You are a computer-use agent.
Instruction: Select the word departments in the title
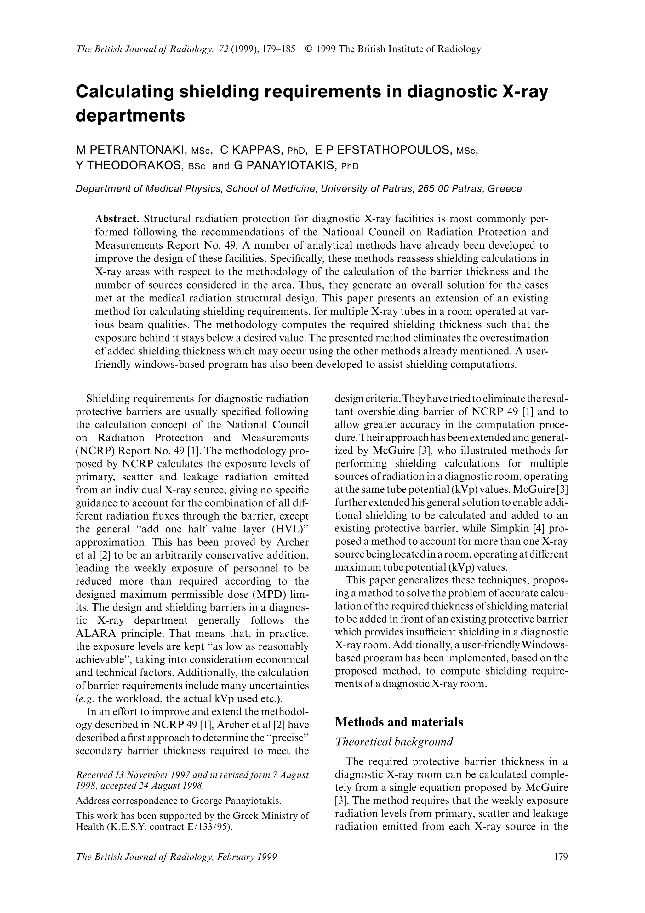(130, 116)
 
